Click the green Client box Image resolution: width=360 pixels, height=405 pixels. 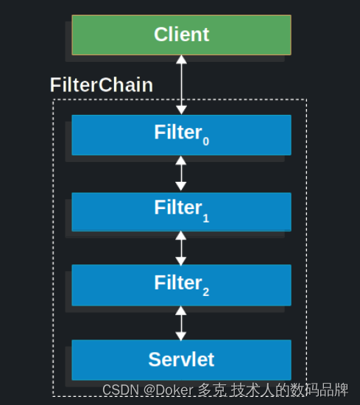(181, 35)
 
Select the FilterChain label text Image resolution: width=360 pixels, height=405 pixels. (102, 85)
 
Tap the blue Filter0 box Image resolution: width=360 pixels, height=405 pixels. (181, 134)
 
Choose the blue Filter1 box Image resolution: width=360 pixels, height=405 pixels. (181, 211)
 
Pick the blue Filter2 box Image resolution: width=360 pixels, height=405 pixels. (181, 284)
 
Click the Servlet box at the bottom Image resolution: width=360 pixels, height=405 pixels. (181, 359)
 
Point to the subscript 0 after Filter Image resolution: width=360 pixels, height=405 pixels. (206, 141)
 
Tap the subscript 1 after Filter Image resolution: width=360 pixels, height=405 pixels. (206, 218)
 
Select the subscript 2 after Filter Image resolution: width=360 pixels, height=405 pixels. (206, 292)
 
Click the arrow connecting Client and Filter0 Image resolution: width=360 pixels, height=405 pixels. (181, 85)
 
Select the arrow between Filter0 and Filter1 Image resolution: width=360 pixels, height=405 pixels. (181, 174)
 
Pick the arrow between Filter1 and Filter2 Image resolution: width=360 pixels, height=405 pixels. (181, 248)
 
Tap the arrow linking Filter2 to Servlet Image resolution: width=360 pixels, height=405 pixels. (181, 322)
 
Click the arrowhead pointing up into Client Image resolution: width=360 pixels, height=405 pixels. (181, 60)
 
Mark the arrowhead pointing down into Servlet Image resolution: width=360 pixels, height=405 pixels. (181, 335)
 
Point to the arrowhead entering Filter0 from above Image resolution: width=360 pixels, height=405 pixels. (181, 110)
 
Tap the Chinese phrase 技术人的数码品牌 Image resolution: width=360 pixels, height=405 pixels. (290, 390)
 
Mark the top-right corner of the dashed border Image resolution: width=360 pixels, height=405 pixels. (306, 99)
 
